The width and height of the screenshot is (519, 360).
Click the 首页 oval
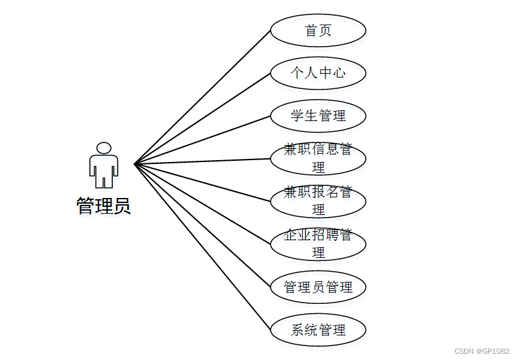(x=318, y=30)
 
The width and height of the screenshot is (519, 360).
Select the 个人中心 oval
(x=318, y=73)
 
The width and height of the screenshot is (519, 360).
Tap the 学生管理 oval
(x=318, y=116)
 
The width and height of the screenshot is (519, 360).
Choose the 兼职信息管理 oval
(x=318, y=158)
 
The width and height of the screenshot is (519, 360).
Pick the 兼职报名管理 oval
(x=318, y=201)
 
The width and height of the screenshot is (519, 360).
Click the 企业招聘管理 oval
(x=318, y=244)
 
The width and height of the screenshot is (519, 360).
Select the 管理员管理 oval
(x=318, y=287)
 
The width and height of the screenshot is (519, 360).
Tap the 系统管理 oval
(x=318, y=329)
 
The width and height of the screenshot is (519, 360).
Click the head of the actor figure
(x=103, y=148)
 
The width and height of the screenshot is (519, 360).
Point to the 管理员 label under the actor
(x=103, y=206)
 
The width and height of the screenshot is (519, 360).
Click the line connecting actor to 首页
(x=202, y=97)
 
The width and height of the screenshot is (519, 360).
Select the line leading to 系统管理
(x=202, y=247)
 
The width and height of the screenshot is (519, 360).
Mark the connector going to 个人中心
(x=202, y=119)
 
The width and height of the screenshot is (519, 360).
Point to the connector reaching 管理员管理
(x=202, y=225)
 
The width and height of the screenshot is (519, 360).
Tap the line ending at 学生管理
(x=202, y=140)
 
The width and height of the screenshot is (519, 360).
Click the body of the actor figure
(x=103, y=169)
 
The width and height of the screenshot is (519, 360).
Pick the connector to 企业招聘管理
(x=202, y=204)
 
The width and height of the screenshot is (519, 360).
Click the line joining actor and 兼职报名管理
(x=202, y=182)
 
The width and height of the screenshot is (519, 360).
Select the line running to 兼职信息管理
(x=202, y=161)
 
